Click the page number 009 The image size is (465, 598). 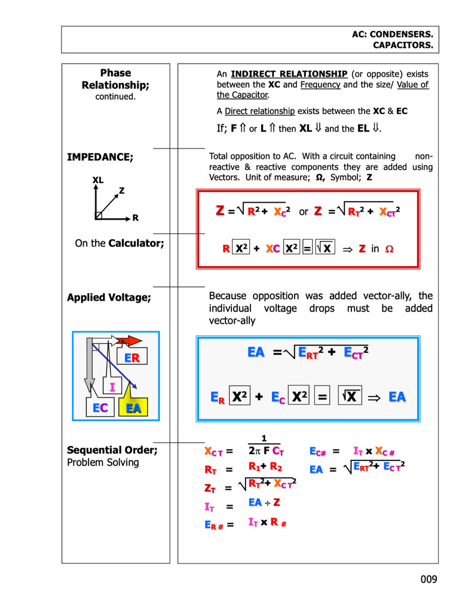point(429,579)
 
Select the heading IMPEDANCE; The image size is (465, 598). point(100,157)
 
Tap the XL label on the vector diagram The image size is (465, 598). point(97,180)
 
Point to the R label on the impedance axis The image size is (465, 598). point(136,218)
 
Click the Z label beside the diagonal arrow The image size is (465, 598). point(121,191)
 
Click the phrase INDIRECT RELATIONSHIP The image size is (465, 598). point(289,74)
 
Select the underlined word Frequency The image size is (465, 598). point(320,84)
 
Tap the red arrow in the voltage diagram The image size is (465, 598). point(129,341)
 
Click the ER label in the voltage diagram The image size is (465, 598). point(132,358)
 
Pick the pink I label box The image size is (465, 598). point(112,388)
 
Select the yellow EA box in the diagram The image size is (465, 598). point(133,408)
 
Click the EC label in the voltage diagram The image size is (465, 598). point(100,408)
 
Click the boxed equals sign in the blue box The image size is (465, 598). point(322,397)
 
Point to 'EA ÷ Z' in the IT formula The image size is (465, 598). point(264,502)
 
